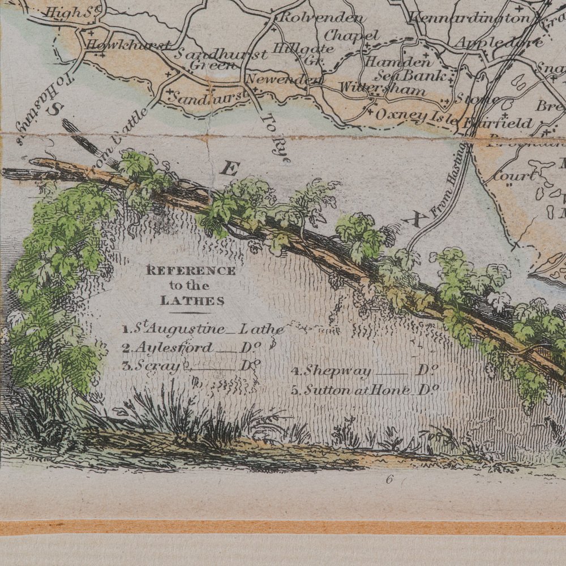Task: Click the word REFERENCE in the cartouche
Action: [191, 271]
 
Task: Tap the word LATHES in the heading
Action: [192, 301]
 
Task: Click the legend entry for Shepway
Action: [366, 371]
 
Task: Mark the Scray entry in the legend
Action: [190, 366]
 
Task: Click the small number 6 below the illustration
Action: [389, 479]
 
